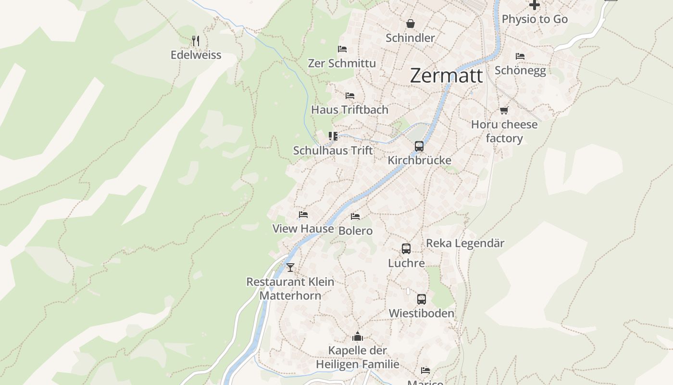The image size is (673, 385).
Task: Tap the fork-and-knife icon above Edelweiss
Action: point(195,40)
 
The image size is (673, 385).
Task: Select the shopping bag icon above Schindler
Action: point(411,24)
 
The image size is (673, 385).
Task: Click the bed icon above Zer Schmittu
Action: point(342,49)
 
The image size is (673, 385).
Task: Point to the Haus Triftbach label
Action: point(349,110)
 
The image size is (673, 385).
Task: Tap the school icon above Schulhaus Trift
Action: point(333,136)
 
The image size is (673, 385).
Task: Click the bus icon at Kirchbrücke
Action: point(419,146)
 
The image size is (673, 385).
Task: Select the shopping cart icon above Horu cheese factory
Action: point(504,111)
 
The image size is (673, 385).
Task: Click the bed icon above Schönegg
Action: point(520,56)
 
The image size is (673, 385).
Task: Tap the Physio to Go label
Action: point(535,19)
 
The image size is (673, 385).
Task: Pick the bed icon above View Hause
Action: point(303,215)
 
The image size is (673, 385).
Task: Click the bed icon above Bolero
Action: point(355,217)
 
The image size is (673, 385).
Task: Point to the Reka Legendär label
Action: point(465,244)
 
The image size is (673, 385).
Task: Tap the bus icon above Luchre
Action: point(406,249)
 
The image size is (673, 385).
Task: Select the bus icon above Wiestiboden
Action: point(421,299)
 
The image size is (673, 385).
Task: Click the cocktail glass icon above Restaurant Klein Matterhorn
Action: point(290,268)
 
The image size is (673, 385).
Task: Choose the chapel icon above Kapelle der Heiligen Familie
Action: point(357,336)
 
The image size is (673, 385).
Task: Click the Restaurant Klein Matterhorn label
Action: point(290,288)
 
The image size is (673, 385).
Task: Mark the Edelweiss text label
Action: point(196,55)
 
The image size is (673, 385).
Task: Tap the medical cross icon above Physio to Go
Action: point(534,5)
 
